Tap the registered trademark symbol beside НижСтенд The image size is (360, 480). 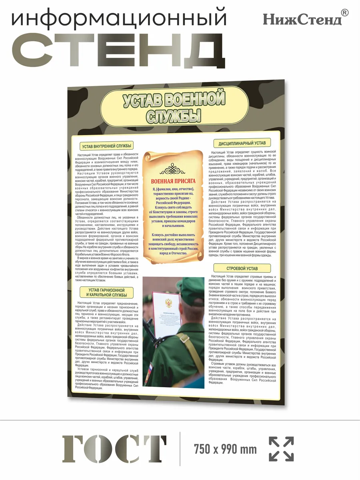point(345,13)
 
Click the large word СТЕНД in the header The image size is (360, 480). point(120,51)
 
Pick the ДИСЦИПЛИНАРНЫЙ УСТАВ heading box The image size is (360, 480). point(242,143)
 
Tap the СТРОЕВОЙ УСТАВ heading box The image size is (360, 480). point(242,268)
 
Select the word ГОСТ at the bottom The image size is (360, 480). point(114,449)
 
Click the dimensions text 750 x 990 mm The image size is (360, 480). point(225,449)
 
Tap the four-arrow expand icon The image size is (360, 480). point(281,449)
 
